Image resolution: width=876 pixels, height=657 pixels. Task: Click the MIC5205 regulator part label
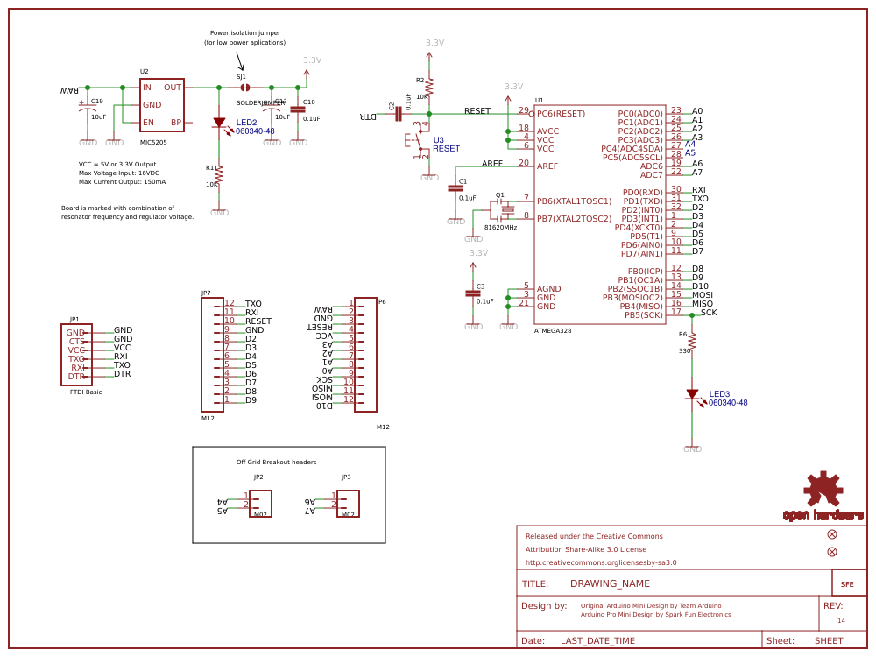153,141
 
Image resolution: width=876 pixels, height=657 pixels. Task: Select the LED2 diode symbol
219,124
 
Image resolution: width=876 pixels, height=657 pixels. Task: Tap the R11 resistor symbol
219,175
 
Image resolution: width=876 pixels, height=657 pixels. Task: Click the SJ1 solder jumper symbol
245,88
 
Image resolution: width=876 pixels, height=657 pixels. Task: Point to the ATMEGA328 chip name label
553,330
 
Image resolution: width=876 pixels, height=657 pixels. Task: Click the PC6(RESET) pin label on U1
561,114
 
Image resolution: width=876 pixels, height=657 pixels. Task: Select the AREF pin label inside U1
547,166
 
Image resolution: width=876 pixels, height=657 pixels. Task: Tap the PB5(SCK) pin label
643,315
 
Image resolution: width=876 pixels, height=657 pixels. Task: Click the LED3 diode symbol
692,394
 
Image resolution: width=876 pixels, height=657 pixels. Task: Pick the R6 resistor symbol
692,342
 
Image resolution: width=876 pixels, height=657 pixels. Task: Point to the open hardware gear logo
823,490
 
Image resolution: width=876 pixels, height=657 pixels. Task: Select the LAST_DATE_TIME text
597,640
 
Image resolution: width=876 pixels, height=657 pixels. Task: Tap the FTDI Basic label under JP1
86,392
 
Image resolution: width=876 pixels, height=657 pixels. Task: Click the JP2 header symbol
260,503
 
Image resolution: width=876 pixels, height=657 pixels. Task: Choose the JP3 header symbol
348,503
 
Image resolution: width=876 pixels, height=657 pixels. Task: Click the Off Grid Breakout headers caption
276,462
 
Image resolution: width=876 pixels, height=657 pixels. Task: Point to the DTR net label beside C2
368,116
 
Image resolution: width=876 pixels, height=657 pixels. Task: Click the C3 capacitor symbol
474,293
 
